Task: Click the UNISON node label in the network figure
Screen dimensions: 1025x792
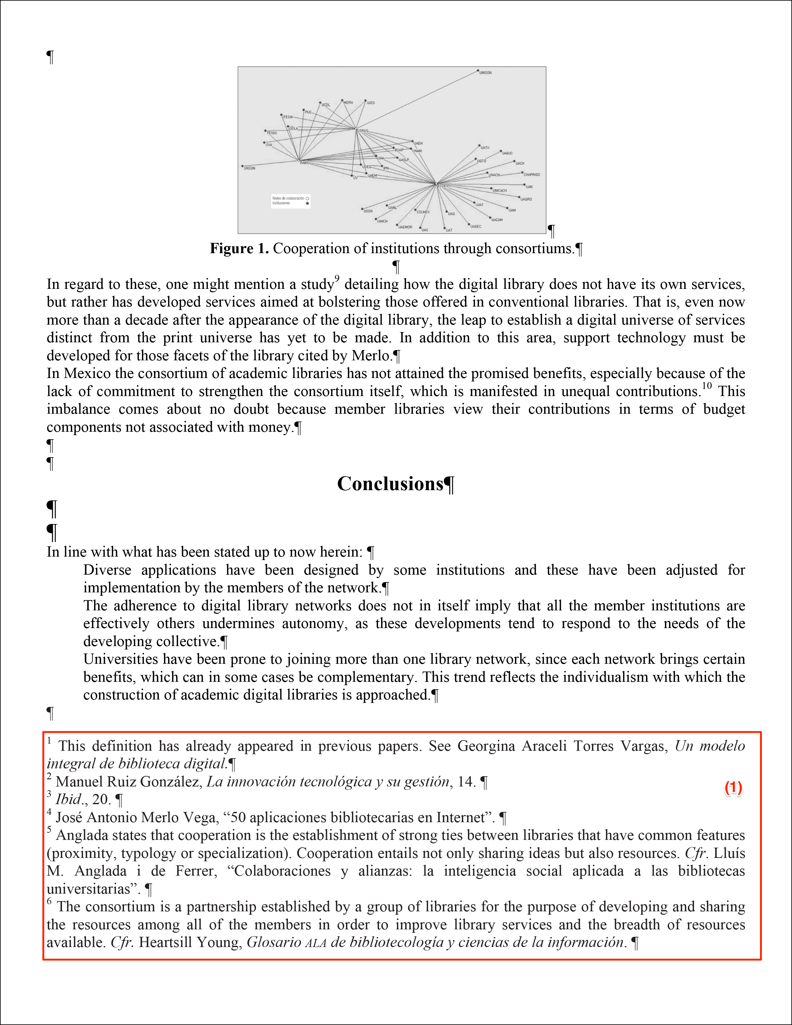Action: click(486, 73)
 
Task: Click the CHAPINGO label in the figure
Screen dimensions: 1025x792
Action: click(532, 175)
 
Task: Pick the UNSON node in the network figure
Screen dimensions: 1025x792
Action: click(250, 168)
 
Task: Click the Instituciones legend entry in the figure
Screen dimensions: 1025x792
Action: click(281, 203)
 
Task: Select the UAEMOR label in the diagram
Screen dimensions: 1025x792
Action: click(405, 227)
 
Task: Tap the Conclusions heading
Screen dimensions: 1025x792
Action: click(390, 484)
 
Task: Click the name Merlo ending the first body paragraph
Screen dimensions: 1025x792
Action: click(371, 356)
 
